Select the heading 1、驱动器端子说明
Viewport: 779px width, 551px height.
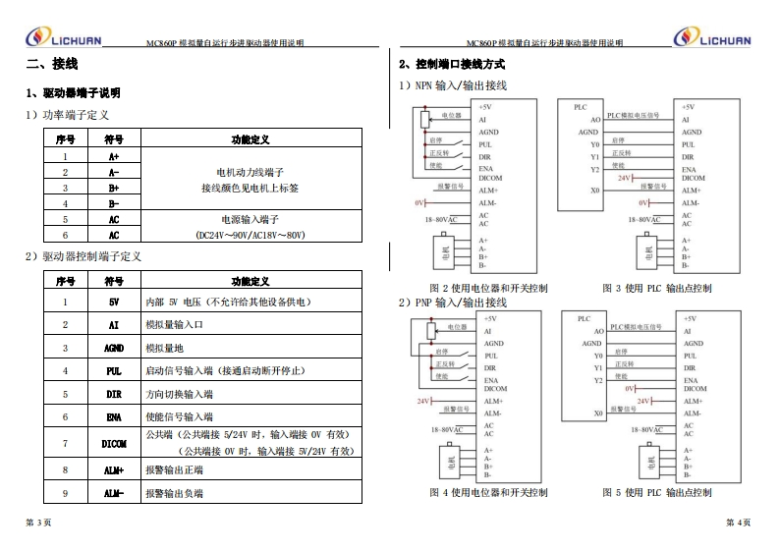74,92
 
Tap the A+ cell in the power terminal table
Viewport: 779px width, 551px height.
113,156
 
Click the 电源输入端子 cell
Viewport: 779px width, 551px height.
250,220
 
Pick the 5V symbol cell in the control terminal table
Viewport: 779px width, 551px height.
113,303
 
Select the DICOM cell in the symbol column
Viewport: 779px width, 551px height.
113,443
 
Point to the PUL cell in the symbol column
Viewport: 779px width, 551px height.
113,371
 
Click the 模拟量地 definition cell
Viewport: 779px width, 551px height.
164,348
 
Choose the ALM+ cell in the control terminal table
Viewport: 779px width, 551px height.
113,470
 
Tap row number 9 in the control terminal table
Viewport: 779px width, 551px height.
65,493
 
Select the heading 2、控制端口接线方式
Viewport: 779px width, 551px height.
452,65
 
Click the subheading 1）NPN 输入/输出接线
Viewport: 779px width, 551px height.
453,85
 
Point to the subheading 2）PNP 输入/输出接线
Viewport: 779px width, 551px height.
453,302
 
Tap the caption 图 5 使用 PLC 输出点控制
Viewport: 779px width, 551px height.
656,492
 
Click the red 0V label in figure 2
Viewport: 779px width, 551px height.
418,202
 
